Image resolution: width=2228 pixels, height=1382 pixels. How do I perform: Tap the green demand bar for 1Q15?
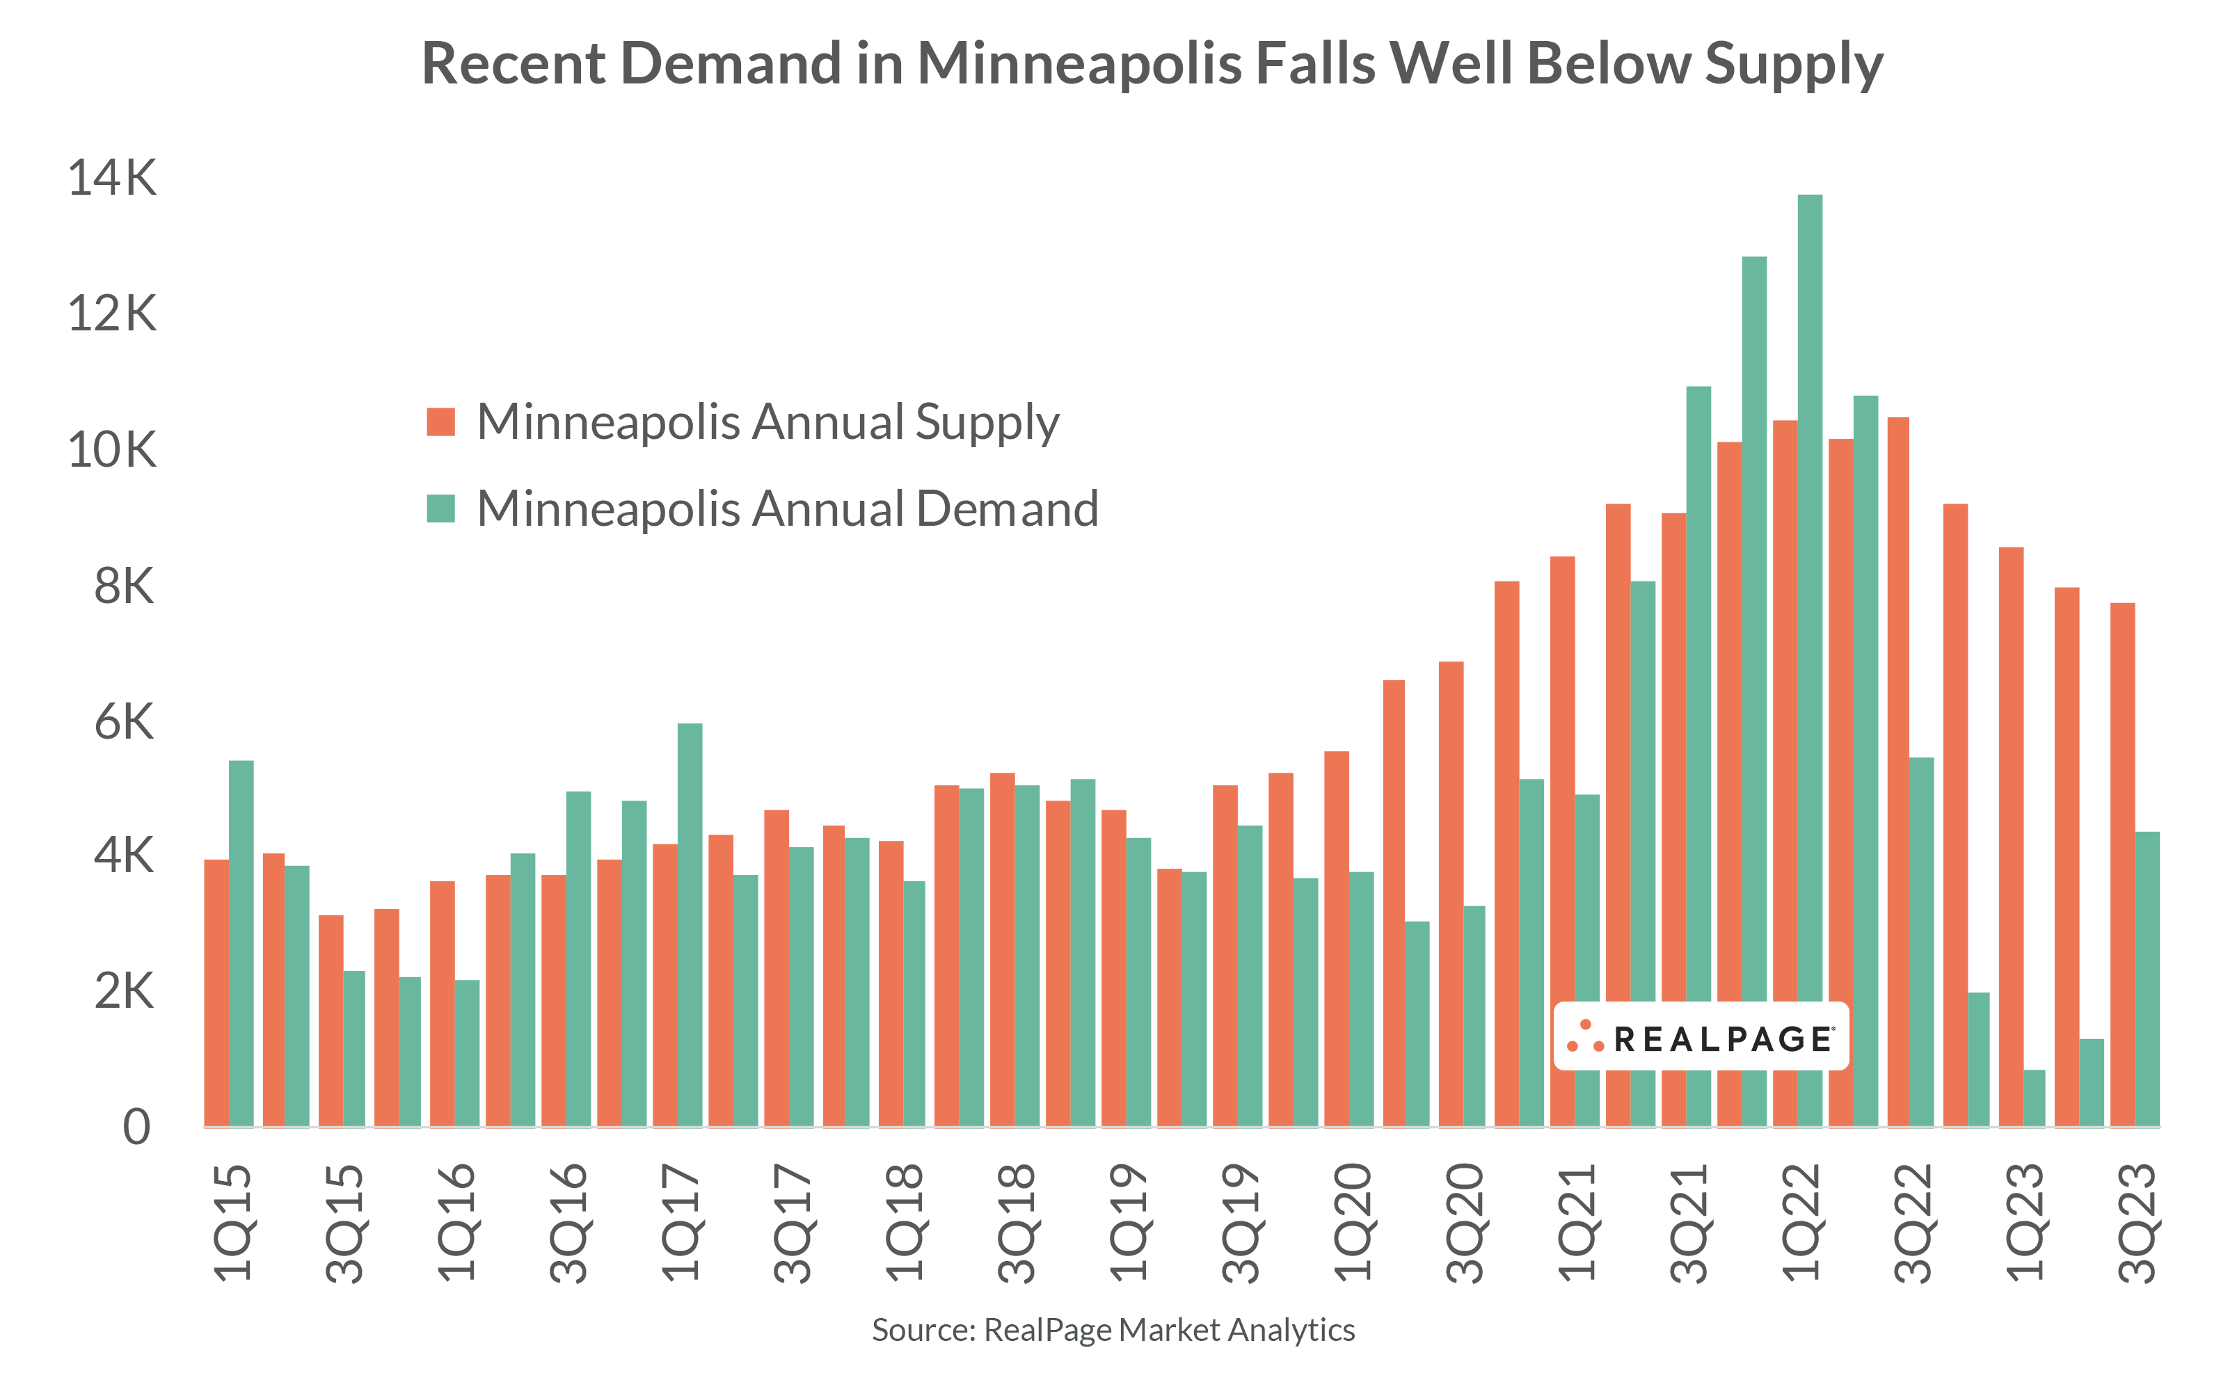coord(241,942)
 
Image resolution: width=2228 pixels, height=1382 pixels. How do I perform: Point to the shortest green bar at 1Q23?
coord(2034,1098)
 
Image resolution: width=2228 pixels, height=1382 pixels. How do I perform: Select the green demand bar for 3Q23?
coord(2147,978)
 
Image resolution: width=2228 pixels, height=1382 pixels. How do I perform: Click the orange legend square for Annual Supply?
coord(440,422)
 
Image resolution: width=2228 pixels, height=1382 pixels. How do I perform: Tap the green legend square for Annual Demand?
coord(440,509)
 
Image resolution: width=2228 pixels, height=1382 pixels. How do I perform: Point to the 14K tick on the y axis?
coord(111,177)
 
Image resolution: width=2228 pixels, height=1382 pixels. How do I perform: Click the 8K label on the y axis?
coord(123,586)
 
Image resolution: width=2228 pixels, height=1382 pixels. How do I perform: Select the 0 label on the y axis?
coord(136,1127)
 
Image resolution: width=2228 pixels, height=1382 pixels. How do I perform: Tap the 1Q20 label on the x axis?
coord(1351,1222)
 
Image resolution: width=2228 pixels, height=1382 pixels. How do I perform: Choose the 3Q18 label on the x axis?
coord(1016,1222)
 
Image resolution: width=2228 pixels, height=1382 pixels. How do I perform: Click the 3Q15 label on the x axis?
coord(344,1222)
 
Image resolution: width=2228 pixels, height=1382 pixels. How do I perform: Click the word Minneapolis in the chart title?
coord(1079,64)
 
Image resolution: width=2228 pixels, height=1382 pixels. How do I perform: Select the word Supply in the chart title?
coord(1793,64)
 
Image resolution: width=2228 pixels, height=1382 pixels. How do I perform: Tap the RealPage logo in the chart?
coord(1700,1036)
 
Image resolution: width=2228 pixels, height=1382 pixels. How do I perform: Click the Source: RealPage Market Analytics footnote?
coord(1113,1330)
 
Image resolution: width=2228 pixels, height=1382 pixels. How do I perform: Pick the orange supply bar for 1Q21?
coord(1562,841)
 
